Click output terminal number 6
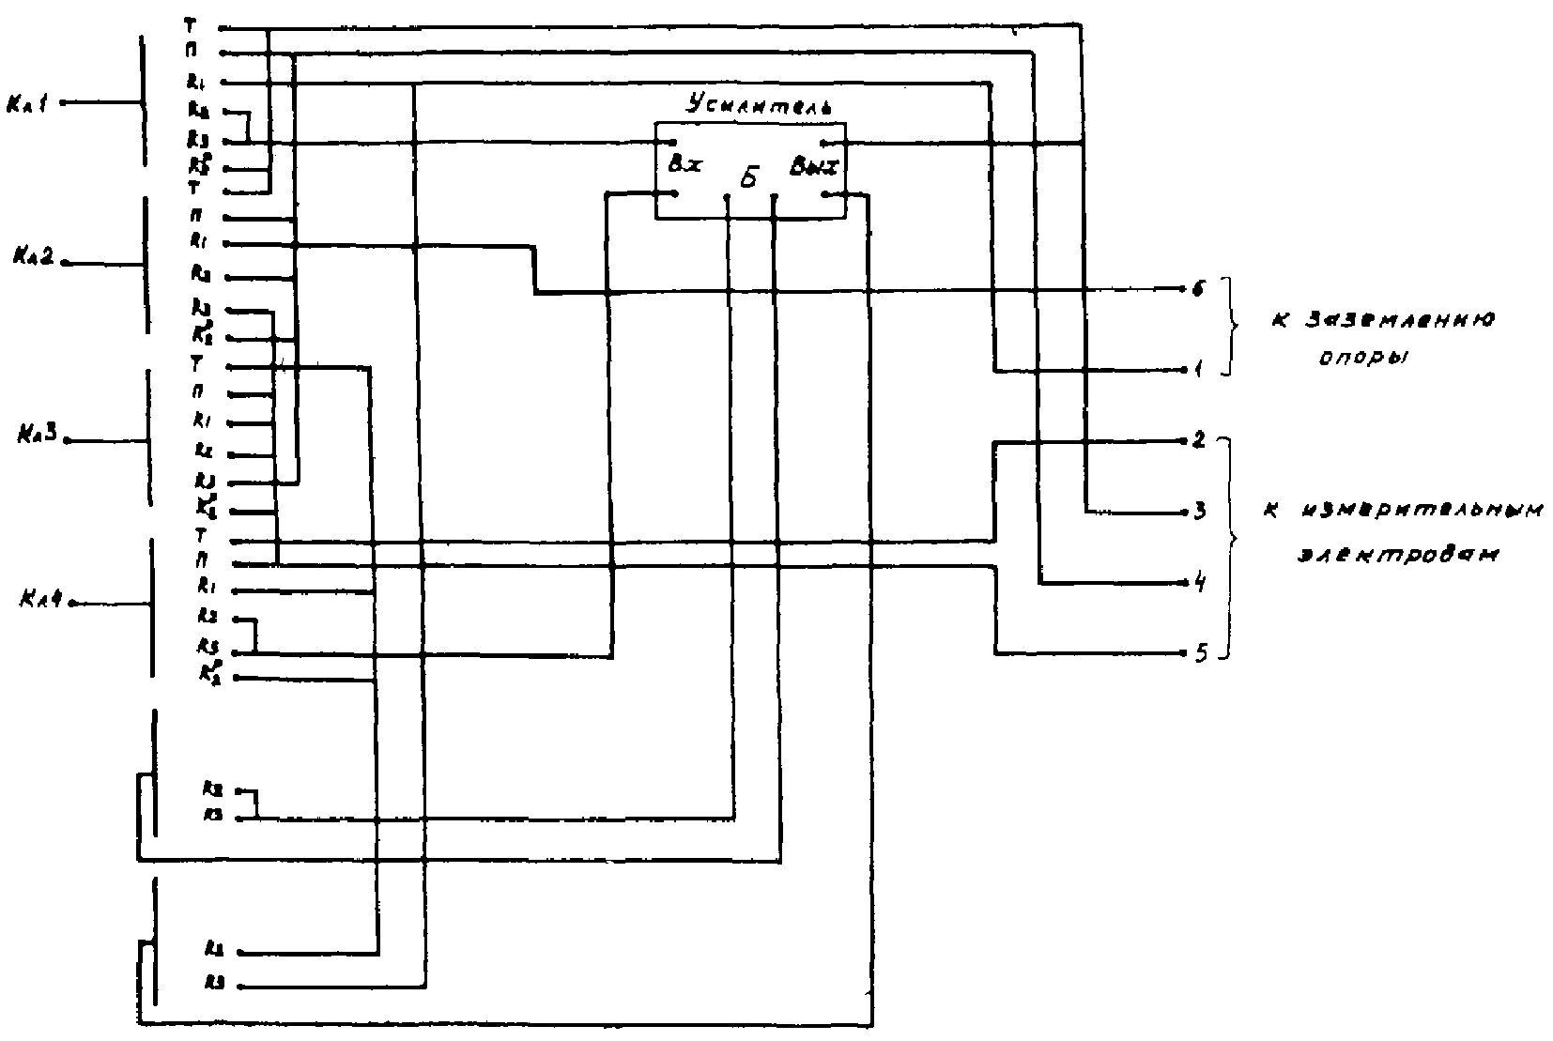pos(1198,288)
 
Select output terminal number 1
pos(1199,371)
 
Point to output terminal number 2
pos(1199,439)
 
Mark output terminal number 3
pos(1199,513)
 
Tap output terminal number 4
pos(1199,584)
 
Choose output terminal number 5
pos(1199,653)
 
